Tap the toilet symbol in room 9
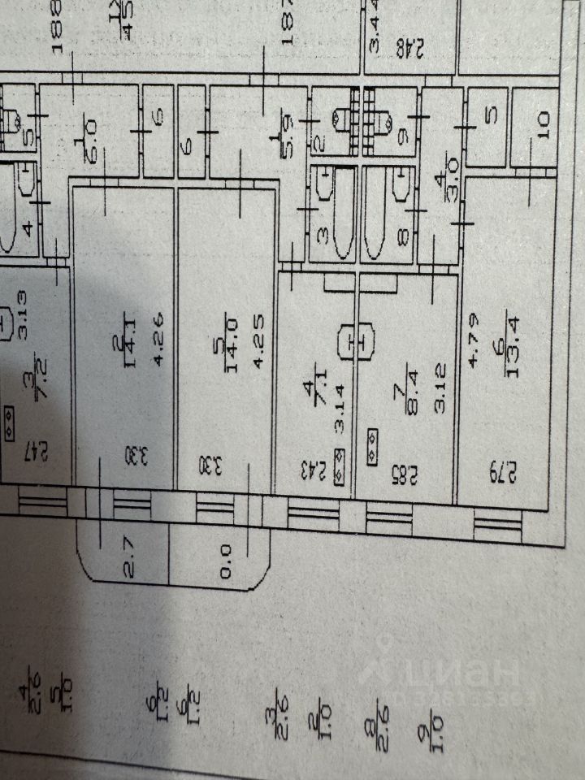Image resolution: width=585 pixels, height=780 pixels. pos(388,122)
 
